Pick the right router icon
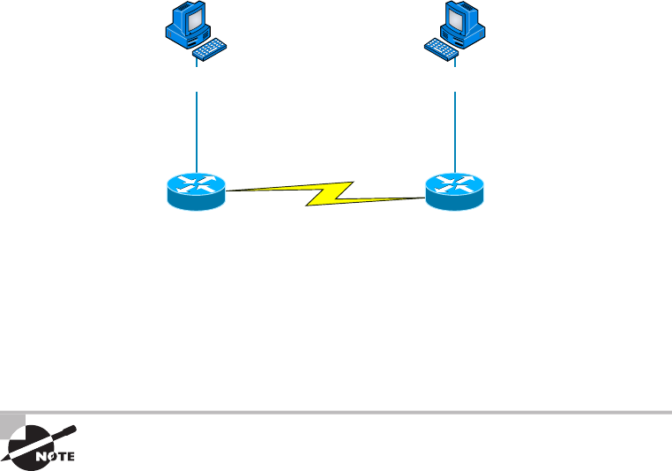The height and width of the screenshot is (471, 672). (455, 191)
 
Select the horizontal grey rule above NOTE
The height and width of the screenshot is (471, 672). (353, 412)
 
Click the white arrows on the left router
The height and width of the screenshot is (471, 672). (196, 183)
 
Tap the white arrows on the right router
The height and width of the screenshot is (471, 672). (455, 183)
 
